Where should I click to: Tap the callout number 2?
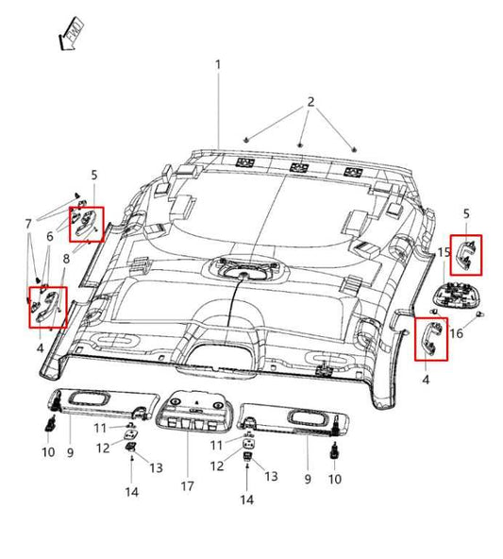point(310,101)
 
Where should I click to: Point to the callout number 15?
point(444,251)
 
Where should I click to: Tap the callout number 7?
point(29,223)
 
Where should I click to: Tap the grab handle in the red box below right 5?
point(467,256)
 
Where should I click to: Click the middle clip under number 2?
point(299,144)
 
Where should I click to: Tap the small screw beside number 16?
point(482,313)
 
